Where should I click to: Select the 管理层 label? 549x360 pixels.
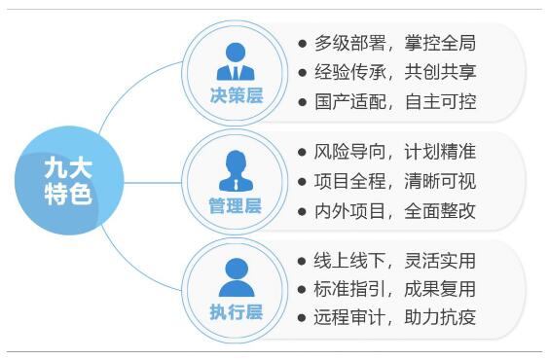point(236,205)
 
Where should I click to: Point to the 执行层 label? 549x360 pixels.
point(236,312)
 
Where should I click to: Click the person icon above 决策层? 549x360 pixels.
point(236,61)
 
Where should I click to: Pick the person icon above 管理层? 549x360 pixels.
point(236,169)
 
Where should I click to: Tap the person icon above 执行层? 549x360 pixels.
point(236,277)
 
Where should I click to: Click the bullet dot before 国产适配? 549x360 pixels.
point(303,101)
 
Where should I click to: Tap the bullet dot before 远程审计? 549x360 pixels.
point(303,317)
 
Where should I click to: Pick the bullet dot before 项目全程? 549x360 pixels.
point(303,181)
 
